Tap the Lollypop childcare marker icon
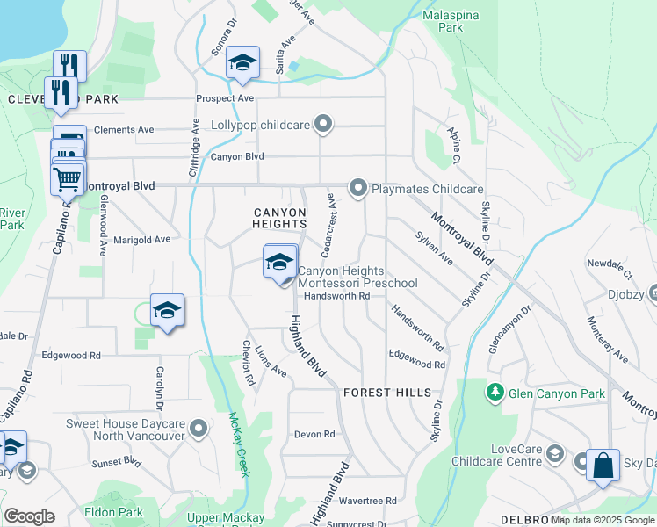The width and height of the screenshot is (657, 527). [x=323, y=125]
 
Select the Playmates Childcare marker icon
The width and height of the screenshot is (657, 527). [x=357, y=188]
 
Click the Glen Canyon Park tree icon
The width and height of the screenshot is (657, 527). [x=496, y=393]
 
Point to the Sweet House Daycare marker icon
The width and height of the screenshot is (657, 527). [x=199, y=430]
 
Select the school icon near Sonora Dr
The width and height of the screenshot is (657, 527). [x=242, y=62]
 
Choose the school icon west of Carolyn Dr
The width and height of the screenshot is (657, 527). [x=167, y=310]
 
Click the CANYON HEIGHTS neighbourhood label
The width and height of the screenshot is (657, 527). [x=279, y=219]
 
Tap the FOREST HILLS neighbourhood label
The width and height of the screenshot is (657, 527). [x=387, y=393]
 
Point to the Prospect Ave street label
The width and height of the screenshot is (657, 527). [x=225, y=98]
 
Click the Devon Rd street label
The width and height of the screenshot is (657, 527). [x=314, y=435]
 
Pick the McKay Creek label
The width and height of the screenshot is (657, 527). [x=237, y=444]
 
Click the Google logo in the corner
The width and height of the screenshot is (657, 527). [x=29, y=516]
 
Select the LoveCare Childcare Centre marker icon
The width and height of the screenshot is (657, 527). [x=554, y=454]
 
